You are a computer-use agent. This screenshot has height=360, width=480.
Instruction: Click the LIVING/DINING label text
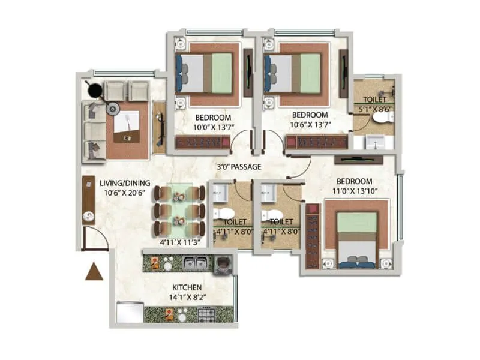point(124,182)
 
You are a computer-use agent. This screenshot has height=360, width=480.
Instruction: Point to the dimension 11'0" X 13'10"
point(353,191)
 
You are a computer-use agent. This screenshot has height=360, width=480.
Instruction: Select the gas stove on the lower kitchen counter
point(206,314)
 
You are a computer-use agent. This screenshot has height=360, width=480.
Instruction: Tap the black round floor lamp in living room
point(95,91)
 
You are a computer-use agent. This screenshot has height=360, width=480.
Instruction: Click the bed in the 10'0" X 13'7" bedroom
point(204,73)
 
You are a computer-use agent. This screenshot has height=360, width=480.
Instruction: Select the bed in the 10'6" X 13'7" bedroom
point(294,73)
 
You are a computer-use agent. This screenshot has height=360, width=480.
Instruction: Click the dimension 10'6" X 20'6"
point(124,193)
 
